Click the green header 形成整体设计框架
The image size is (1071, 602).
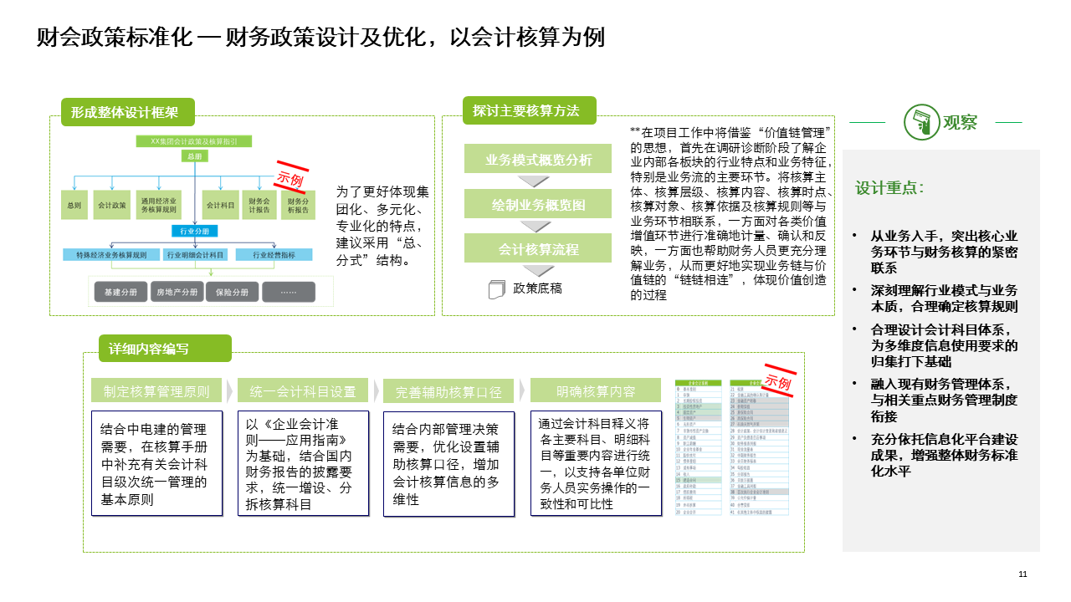pyautogui.click(x=127, y=112)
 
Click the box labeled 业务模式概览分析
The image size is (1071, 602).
pyautogui.click(x=538, y=159)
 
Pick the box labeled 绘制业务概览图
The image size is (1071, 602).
pyautogui.click(x=538, y=204)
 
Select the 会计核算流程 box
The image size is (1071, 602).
pyautogui.click(x=538, y=248)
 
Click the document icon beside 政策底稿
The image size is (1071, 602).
pyautogui.click(x=497, y=289)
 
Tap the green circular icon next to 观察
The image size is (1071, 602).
pyautogui.click(x=920, y=122)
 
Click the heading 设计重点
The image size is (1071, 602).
pyautogui.click(x=889, y=188)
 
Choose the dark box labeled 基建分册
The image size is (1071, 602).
pyautogui.click(x=115, y=293)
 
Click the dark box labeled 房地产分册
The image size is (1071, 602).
pyautogui.click(x=177, y=293)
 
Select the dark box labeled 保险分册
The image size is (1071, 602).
pyautogui.click(x=232, y=293)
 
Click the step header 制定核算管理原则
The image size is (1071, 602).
pyautogui.click(x=156, y=391)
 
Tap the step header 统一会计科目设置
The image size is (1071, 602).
pyautogui.click(x=302, y=391)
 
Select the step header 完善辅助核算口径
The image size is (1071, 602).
pyautogui.click(x=448, y=391)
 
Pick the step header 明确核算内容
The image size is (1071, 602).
pyautogui.click(x=596, y=391)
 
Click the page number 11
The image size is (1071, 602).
pyautogui.click(x=1022, y=574)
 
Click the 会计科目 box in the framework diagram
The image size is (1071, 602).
pyautogui.click(x=219, y=204)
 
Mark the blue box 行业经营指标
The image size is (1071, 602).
pyautogui.click(x=274, y=254)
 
